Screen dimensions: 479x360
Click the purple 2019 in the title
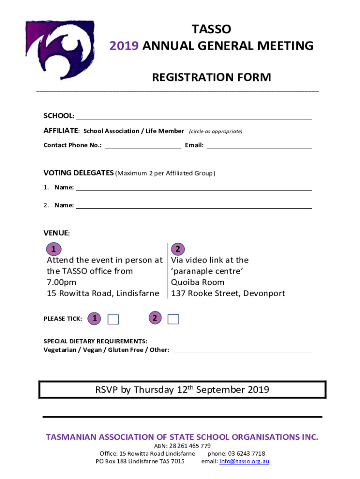(x=124, y=46)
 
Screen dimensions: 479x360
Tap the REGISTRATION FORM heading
(x=211, y=77)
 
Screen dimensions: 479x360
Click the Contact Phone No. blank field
(x=143, y=145)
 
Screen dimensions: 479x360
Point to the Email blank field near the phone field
(x=259, y=145)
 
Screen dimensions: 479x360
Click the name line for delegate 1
(x=194, y=188)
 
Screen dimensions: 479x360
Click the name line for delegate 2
(x=194, y=206)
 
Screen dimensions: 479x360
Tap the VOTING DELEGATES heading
(x=79, y=173)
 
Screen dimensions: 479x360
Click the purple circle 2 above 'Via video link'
(x=178, y=248)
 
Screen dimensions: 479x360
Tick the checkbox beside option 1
(x=113, y=319)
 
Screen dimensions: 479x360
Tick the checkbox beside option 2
(x=173, y=319)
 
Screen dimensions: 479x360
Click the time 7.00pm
(x=61, y=283)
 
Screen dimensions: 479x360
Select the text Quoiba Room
(x=197, y=283)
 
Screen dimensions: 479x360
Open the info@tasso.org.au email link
(x=244, y=461)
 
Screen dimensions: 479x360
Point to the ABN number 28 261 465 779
(x=190, y=446)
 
